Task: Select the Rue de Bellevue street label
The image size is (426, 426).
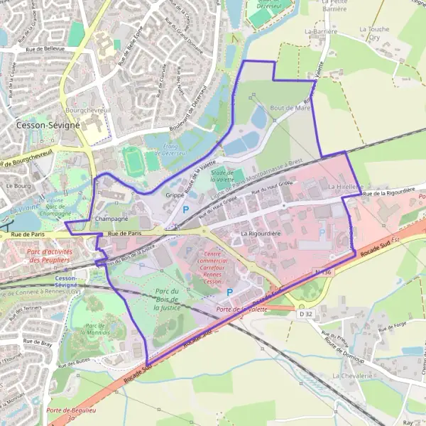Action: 45,49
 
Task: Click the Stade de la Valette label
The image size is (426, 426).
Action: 222,176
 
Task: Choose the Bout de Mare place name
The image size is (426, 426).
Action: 290,108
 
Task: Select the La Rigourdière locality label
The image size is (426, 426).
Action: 262,233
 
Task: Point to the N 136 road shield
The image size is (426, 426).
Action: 322,271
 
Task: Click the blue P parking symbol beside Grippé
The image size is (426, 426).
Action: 187,209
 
